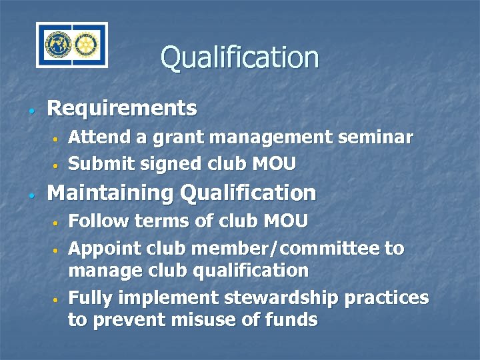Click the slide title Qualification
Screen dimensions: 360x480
click(x=239, y=57)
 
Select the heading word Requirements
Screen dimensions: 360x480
click(x=122, y=108)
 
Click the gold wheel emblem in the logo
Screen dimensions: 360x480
click(x=84, y=45)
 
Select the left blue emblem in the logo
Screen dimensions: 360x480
click(x=58, y=45)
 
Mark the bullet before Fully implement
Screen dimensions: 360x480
click(x=57, y=300)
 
